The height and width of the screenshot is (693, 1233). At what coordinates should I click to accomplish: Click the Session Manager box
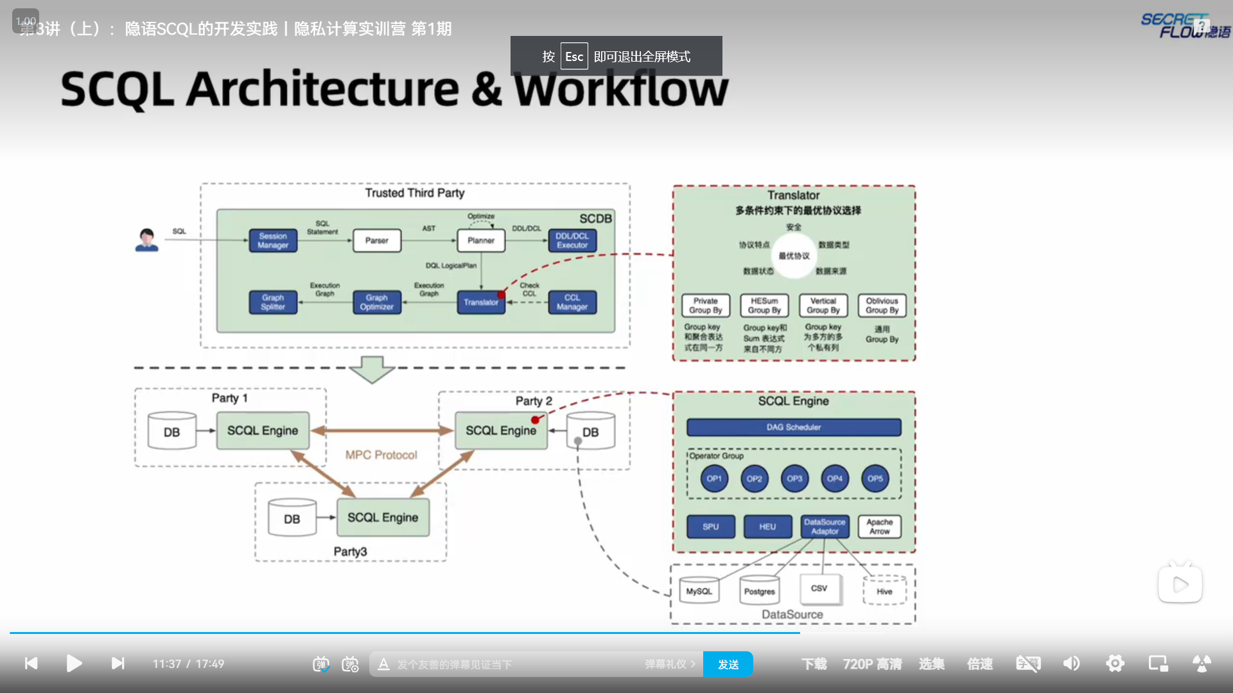[273, 241]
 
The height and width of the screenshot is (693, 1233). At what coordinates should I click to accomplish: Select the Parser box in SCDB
[377, 241]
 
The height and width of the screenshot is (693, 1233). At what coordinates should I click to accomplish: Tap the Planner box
[481, 241]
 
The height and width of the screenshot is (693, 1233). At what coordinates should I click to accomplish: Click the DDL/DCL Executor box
[572, 241]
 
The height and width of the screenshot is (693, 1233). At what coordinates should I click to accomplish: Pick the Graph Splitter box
[273, 302]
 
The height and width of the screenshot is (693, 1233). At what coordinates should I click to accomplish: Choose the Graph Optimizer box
[377, 302]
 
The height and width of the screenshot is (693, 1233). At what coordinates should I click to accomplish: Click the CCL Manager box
[572, 302]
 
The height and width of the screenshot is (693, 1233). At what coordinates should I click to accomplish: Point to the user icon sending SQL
[146, 240]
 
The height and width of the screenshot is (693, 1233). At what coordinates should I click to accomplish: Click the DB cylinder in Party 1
[171, 431]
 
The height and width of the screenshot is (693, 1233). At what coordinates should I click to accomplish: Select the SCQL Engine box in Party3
[383, 518]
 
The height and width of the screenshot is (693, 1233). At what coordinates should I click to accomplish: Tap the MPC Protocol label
[381, 455]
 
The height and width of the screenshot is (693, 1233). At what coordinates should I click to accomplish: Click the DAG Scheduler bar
[794, 427]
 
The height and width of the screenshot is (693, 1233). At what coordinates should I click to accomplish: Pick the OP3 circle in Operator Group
[794, 479]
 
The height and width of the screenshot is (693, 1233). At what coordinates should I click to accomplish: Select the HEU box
[767, 527]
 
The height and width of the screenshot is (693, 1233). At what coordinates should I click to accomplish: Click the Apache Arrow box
[879, 527]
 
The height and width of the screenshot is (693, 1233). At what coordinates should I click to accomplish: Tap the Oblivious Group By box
[882, 305]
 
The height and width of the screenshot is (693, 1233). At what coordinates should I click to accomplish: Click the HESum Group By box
[764, 305]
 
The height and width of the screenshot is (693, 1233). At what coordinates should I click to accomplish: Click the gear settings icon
[1115, 663]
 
